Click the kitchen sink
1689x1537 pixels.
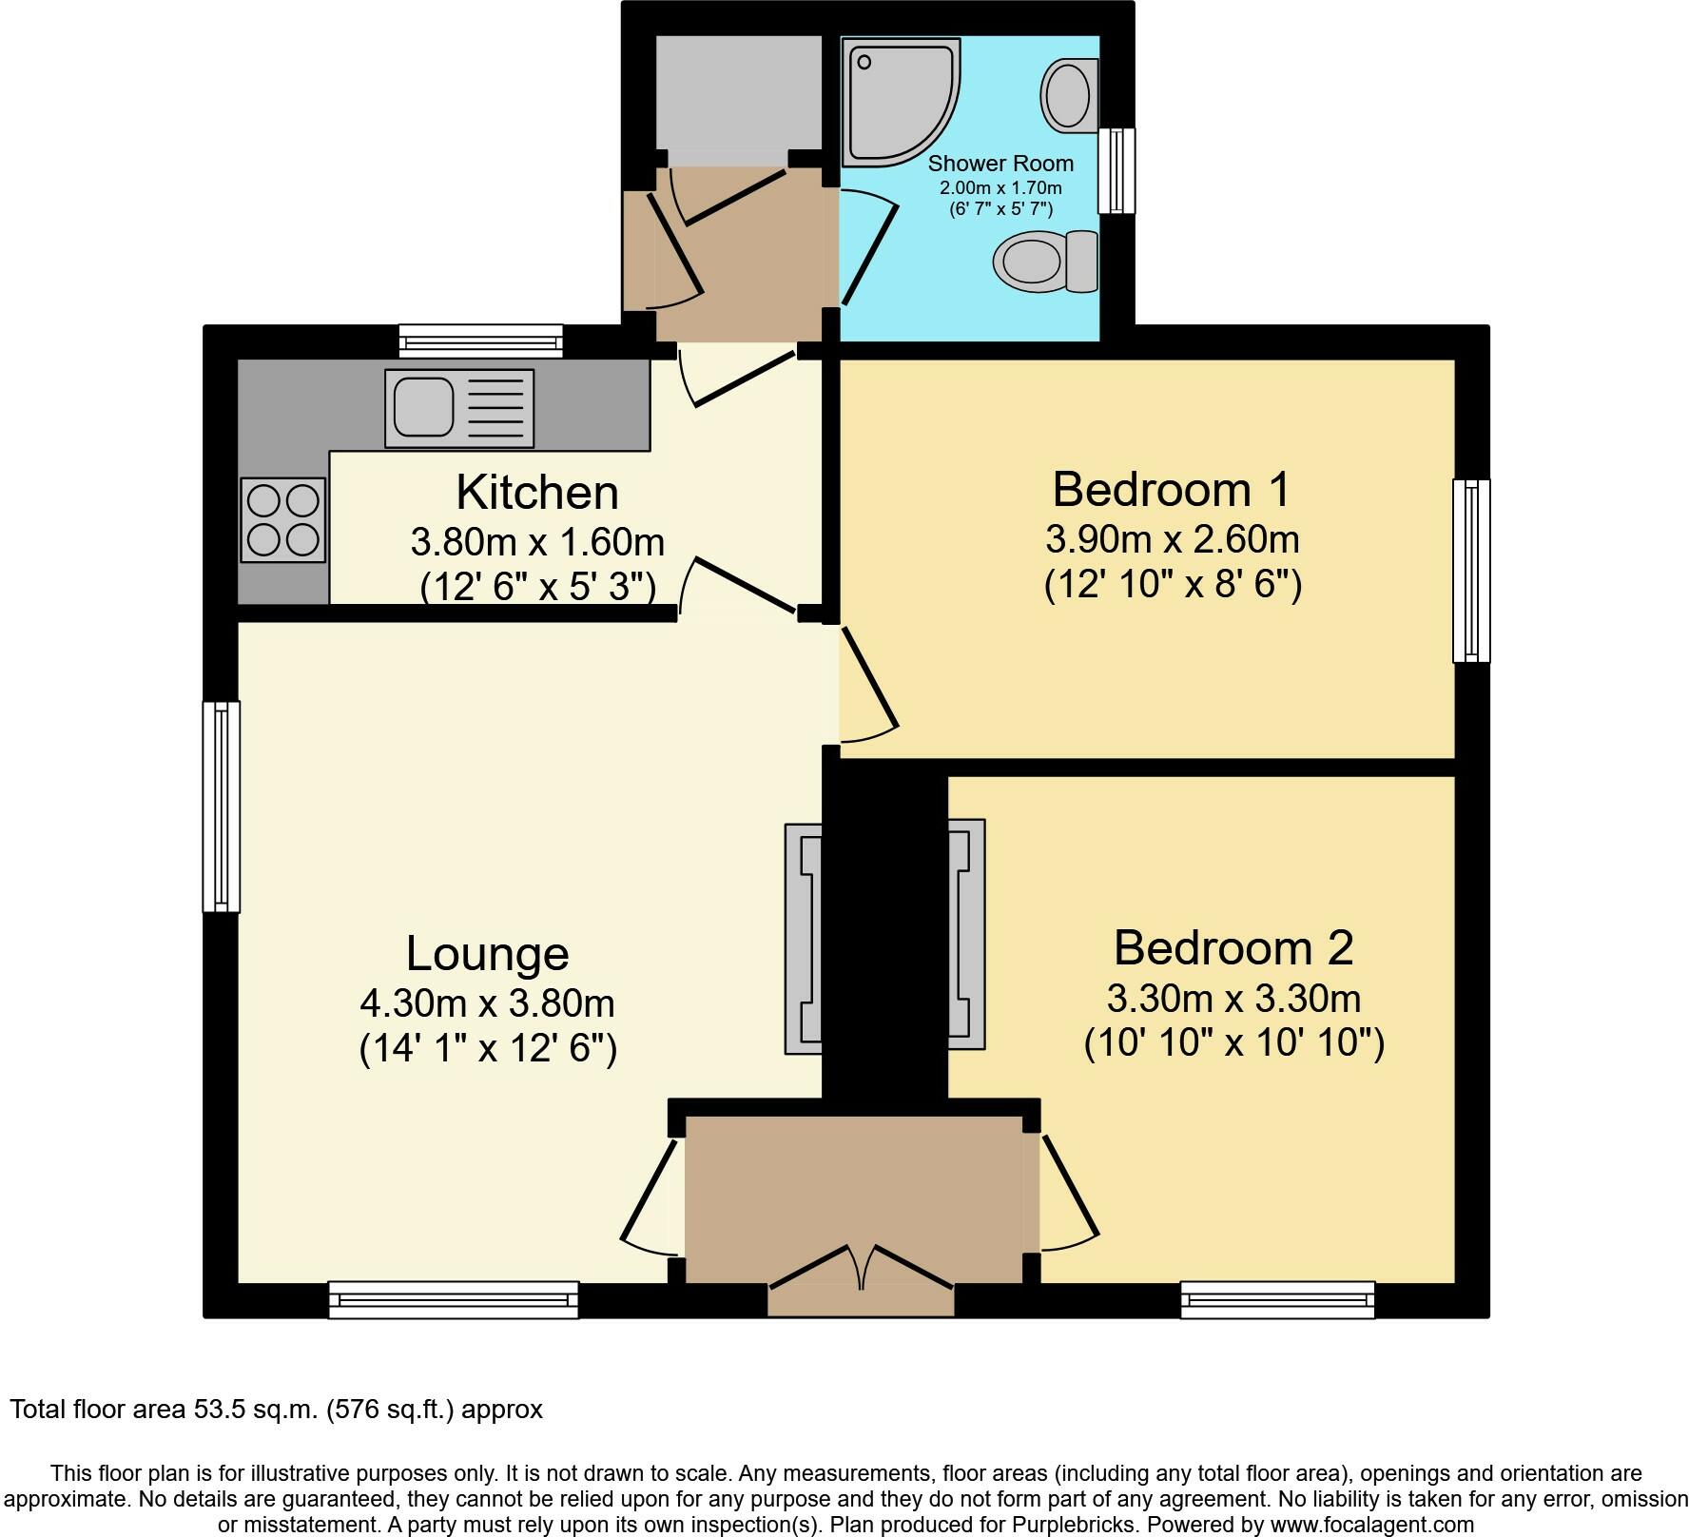click(x=458, y=408)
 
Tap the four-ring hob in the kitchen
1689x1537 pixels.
click(x=283, y=520)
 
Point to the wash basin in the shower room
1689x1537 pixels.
click(x=1071, y=95)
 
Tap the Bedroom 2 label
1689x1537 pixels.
click(x=1233, y=948)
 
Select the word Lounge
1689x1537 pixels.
click(x=487, y=953)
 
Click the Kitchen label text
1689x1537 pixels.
click(x=536, y=493)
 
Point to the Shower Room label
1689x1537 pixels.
click(x=1000, y=164)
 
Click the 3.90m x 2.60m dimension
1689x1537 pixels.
click(x=1172, y=539)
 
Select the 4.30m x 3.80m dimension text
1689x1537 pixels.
click(x=487, y=1002)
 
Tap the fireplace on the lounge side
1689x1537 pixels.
click(x=804, y=938)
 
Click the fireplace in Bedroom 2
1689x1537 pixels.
click(x=966, y=934)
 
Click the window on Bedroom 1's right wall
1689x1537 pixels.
click(x=1471, y=571)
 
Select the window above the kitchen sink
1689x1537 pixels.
click(x=480, y=340)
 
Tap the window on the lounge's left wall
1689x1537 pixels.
click(x=222, y=807)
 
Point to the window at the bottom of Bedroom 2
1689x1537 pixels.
click(x=1277, y=1299)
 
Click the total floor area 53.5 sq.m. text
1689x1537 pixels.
click(x=276, y=1409)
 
